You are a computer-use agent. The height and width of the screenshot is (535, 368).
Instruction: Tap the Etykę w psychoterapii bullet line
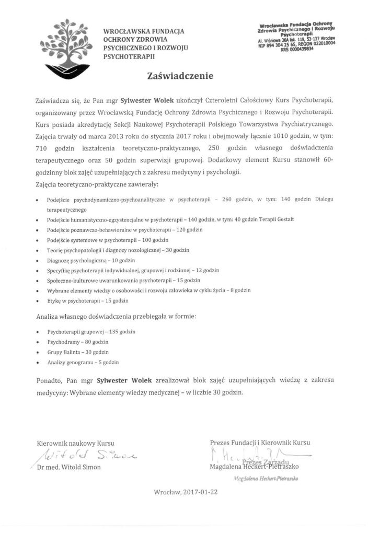tap(87, 300)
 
